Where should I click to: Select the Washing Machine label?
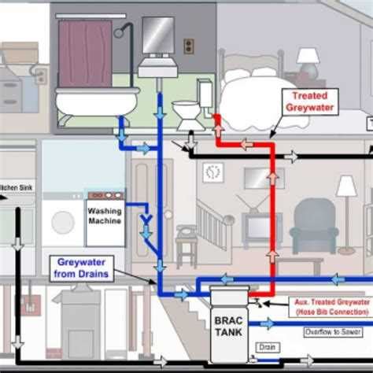105,215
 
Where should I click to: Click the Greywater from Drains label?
85,268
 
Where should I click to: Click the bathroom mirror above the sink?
157,35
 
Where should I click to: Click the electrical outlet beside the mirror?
188,46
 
